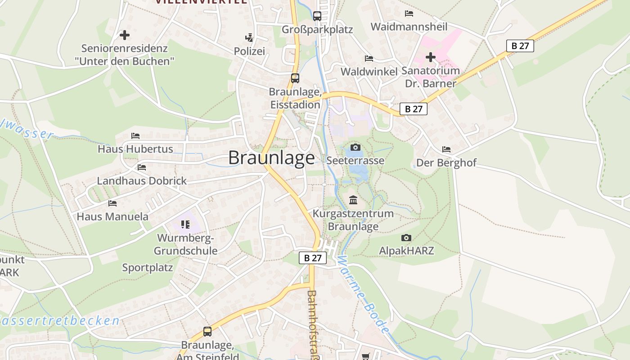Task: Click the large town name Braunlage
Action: click(271, 158)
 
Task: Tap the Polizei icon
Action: click(249, 37)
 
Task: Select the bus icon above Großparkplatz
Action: click(317, 16)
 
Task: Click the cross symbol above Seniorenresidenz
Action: click(125, 35)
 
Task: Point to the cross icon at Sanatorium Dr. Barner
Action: click(431, 57)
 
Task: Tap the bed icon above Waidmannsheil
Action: click(409, 13)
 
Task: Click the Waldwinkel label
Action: click(369, 72)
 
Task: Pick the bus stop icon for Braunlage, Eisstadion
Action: click(295, 78)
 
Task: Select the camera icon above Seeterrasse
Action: click(355, 147)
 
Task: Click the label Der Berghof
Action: click(446, 162)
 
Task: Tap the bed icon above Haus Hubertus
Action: click(135, 135)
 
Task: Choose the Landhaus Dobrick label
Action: click(142, 181)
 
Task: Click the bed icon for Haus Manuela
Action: click(112, 203)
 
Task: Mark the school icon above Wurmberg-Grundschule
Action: click(185, 224)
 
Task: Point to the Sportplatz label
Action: click(148, 268)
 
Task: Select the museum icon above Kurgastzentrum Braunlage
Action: click(353, 200)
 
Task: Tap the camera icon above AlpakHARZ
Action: click(406, 238)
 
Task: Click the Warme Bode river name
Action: click(362, 295)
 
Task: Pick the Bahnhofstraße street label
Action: click(312, 324)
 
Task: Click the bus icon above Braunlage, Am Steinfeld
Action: click(207, 332)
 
